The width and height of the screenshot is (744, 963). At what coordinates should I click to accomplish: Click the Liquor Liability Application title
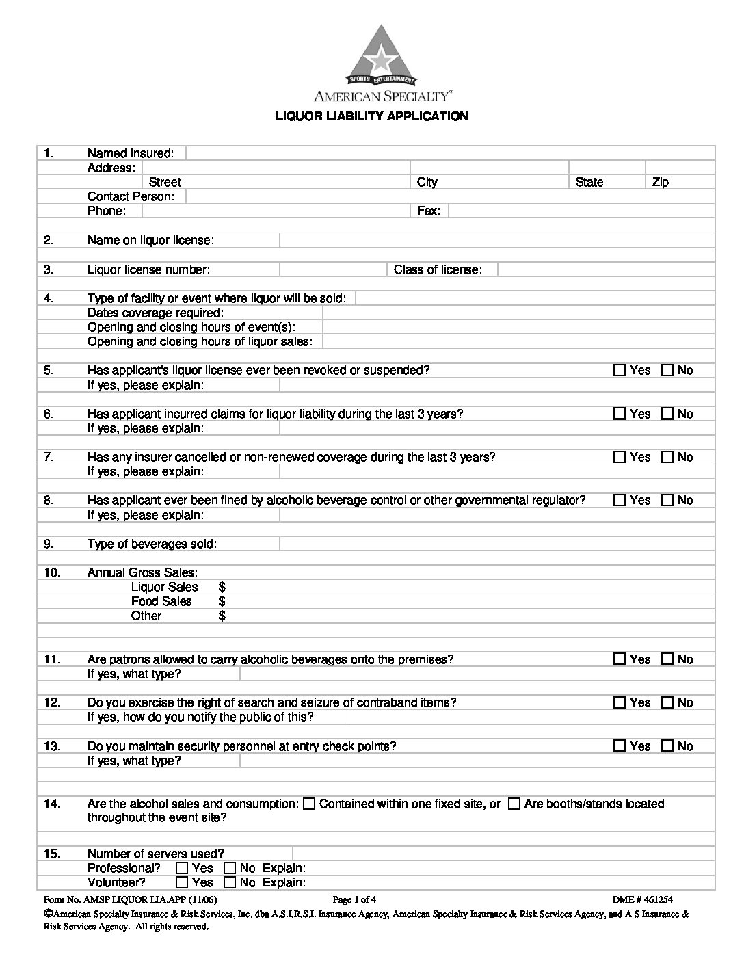pos(371,116)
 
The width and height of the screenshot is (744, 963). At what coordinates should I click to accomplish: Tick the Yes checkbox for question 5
pos(620,370)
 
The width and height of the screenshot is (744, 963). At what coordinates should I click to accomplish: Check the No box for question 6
pos(667,414)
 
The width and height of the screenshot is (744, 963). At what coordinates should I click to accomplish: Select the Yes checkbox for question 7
pos(620,457)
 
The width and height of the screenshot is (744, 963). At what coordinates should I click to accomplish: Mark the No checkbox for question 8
pos(667,500)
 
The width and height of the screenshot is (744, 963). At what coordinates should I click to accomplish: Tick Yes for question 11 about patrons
pos(620,659)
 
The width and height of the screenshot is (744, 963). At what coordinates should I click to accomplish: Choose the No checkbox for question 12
pos(667,702)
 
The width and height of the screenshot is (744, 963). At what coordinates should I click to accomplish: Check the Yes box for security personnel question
pos(620,746)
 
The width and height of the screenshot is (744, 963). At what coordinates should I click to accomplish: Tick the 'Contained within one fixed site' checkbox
pos(309,804)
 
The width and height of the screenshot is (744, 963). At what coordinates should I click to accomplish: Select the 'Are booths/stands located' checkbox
pos(514,804)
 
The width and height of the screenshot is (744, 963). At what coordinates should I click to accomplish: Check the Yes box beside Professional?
pos(182,868)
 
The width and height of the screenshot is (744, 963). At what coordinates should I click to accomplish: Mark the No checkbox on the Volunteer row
pos(230,882)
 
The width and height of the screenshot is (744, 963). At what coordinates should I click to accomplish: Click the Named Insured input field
pos(450,153)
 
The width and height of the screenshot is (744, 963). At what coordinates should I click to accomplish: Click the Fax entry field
pos(581,211)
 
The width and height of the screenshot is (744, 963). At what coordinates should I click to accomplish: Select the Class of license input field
pos(606,269)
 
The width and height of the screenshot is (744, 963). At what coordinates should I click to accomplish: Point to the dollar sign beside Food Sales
pos(222,601)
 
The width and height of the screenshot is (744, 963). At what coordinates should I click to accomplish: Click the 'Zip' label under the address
pos(660,182)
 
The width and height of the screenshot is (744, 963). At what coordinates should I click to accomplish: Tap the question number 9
pos(48,544)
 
